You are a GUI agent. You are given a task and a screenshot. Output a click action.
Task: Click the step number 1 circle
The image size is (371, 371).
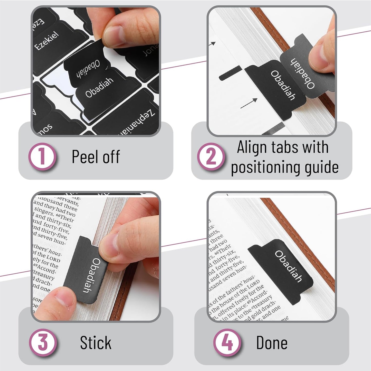(x=42, y=157)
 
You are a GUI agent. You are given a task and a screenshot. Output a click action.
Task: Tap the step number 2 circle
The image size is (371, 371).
(x=211, y=157)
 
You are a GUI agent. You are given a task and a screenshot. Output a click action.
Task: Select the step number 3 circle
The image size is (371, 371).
(x=43, y=342)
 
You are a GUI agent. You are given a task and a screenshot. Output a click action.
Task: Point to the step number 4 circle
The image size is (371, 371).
(x=227, y=342)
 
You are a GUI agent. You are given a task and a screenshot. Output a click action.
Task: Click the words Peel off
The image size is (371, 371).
(x=96, y=156)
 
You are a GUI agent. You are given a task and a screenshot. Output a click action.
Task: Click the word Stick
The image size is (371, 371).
(x=96, y=342)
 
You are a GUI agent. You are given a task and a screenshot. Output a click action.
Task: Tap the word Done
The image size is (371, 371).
(x=272, y=342)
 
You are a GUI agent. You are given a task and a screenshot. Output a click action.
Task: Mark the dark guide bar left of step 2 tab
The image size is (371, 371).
(x=230, y=73)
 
